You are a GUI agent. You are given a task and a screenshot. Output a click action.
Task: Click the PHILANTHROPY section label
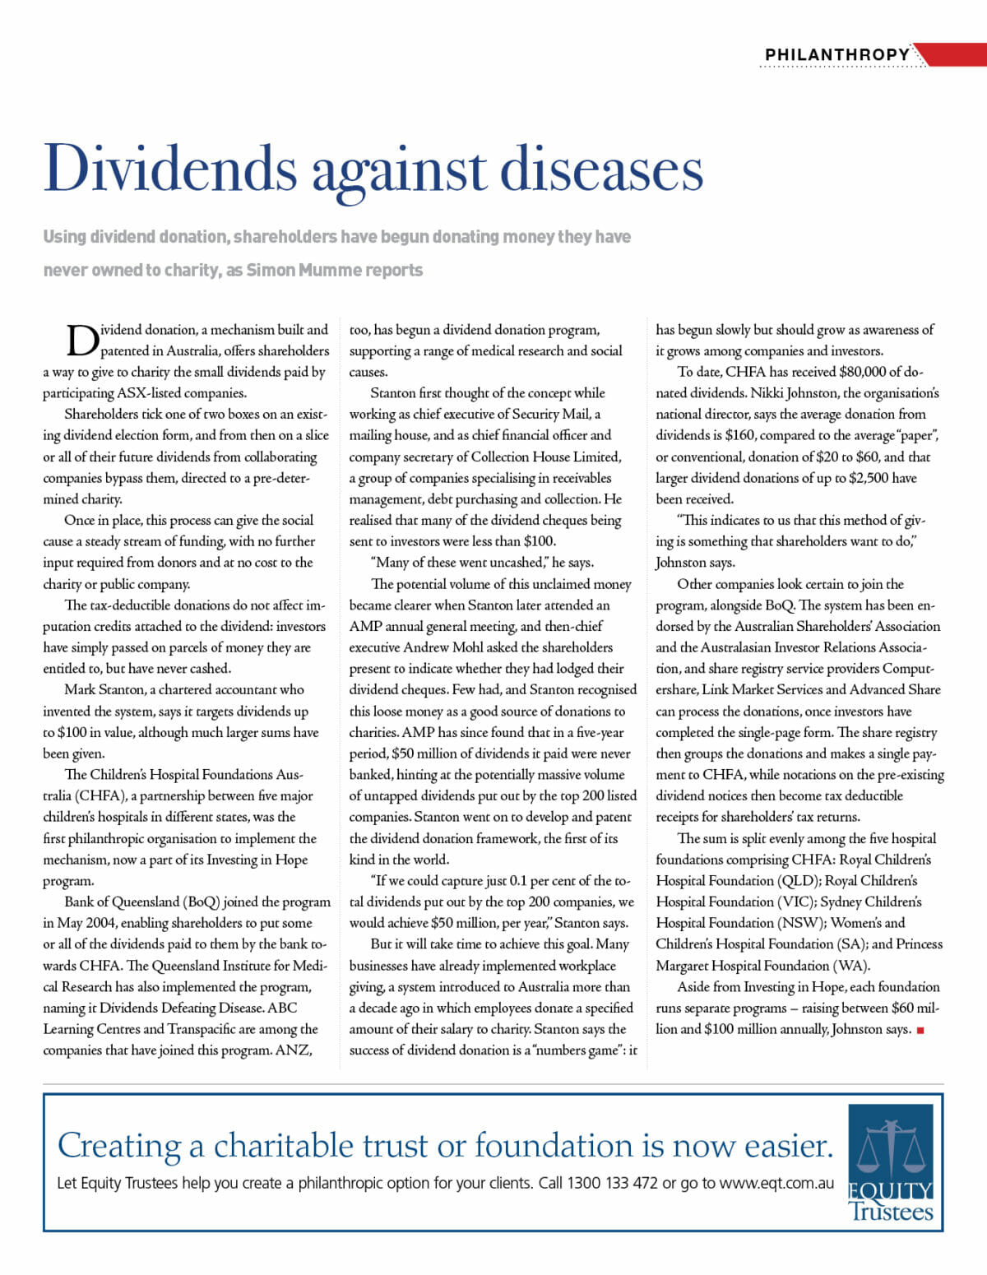836,54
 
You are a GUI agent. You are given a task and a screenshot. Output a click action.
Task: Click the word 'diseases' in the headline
601,169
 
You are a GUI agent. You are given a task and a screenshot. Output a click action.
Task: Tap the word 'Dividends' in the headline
170,169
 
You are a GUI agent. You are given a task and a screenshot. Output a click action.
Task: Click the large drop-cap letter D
81,341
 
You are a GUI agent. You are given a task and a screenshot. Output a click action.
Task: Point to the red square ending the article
920,1030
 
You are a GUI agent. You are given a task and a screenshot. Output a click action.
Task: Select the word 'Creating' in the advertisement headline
119,1145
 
